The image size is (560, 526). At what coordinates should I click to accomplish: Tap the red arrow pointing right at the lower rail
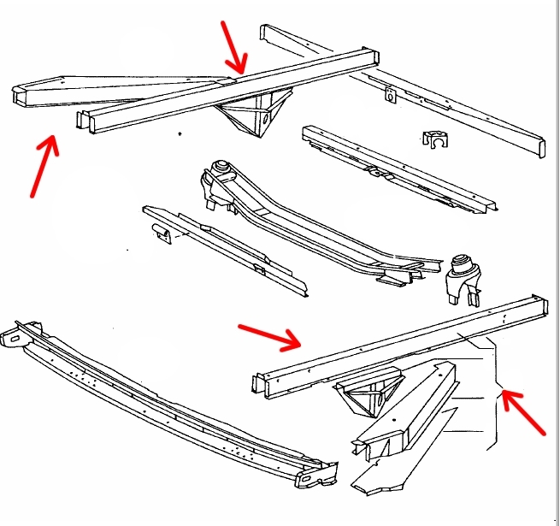[269, 336]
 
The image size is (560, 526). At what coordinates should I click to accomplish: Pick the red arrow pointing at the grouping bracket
[523, 414]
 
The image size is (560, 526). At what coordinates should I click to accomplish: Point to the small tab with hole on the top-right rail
[392, 97]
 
